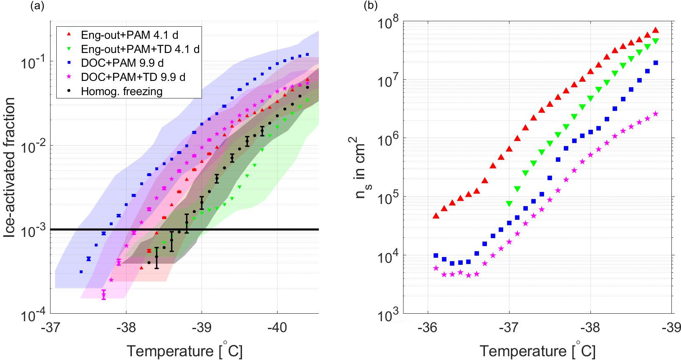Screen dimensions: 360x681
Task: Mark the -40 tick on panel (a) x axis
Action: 277,327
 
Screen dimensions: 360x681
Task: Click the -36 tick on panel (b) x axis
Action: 428,327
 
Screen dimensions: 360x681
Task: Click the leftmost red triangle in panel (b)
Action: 436,216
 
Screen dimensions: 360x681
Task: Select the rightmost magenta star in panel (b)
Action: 656,113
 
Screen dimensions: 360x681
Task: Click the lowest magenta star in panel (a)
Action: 103,296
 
